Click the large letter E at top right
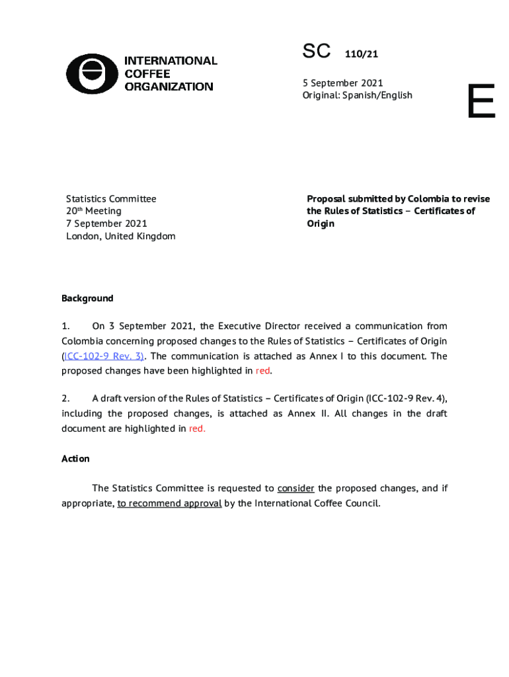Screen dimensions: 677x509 [481, 102]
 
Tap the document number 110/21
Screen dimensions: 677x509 [361, 55]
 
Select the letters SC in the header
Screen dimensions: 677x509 [316, 52]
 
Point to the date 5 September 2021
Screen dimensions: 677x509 [342, 83]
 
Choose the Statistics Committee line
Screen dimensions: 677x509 [111, 198]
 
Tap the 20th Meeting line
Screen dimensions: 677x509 [94, 211]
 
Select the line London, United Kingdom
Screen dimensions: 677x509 [120, 236]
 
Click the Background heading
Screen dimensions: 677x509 [87, 298]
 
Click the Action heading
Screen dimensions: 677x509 [75, 459]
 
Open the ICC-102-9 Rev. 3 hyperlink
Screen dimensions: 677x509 [102, 356]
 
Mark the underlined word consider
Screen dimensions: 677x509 [295, 489]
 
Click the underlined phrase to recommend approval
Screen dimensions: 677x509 [169, 503]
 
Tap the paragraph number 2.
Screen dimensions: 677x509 [65, 399]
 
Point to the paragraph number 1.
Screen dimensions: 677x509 [65, 326]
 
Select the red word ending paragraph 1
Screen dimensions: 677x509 [263, 371]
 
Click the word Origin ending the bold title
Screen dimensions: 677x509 [321, 223]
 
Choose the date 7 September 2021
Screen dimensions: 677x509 [106, 223]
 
